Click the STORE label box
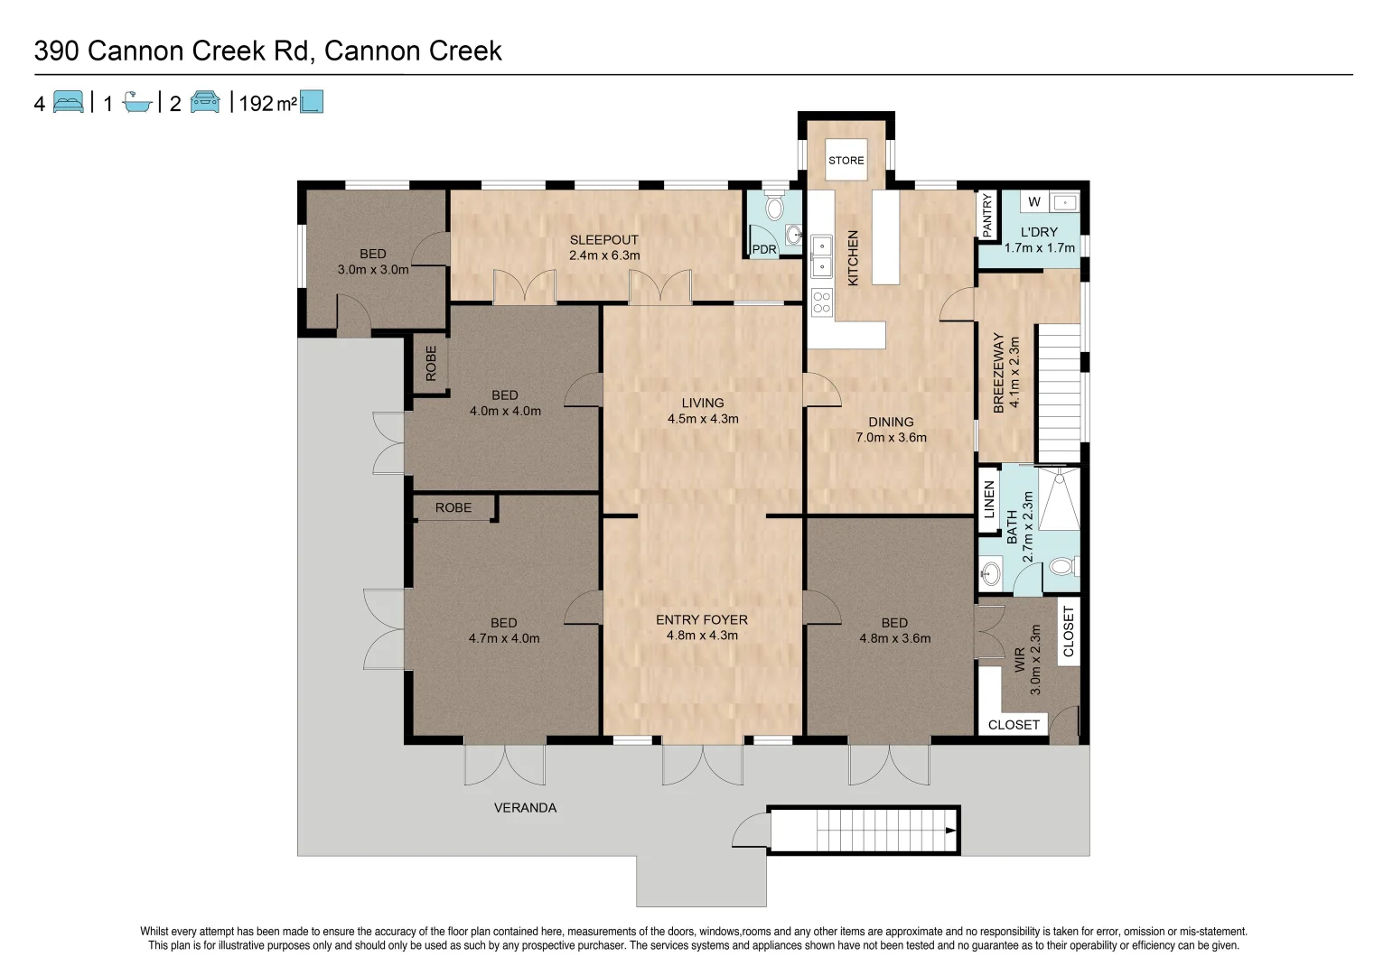[846, 160]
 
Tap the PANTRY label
[986, 215]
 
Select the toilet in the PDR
[774, 207]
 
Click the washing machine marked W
[1034, 201]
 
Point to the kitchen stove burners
[821, 302]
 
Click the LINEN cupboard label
[989, 499]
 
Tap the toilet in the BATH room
[1064, 566]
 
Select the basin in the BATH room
[991, 572]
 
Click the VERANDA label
[525, 808]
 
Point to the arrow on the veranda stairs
[951, 831]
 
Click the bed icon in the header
[68, 102]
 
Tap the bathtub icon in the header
[137, 102]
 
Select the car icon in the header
[204, 102]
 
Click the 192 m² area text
[268, 103]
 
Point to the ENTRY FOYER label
[702, 619]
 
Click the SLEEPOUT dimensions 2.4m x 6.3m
[603, 255]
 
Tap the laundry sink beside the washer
[1065, 202]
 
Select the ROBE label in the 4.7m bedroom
[453, 507]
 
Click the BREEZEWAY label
[999, 373]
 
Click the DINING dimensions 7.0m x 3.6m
[891, 438]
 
